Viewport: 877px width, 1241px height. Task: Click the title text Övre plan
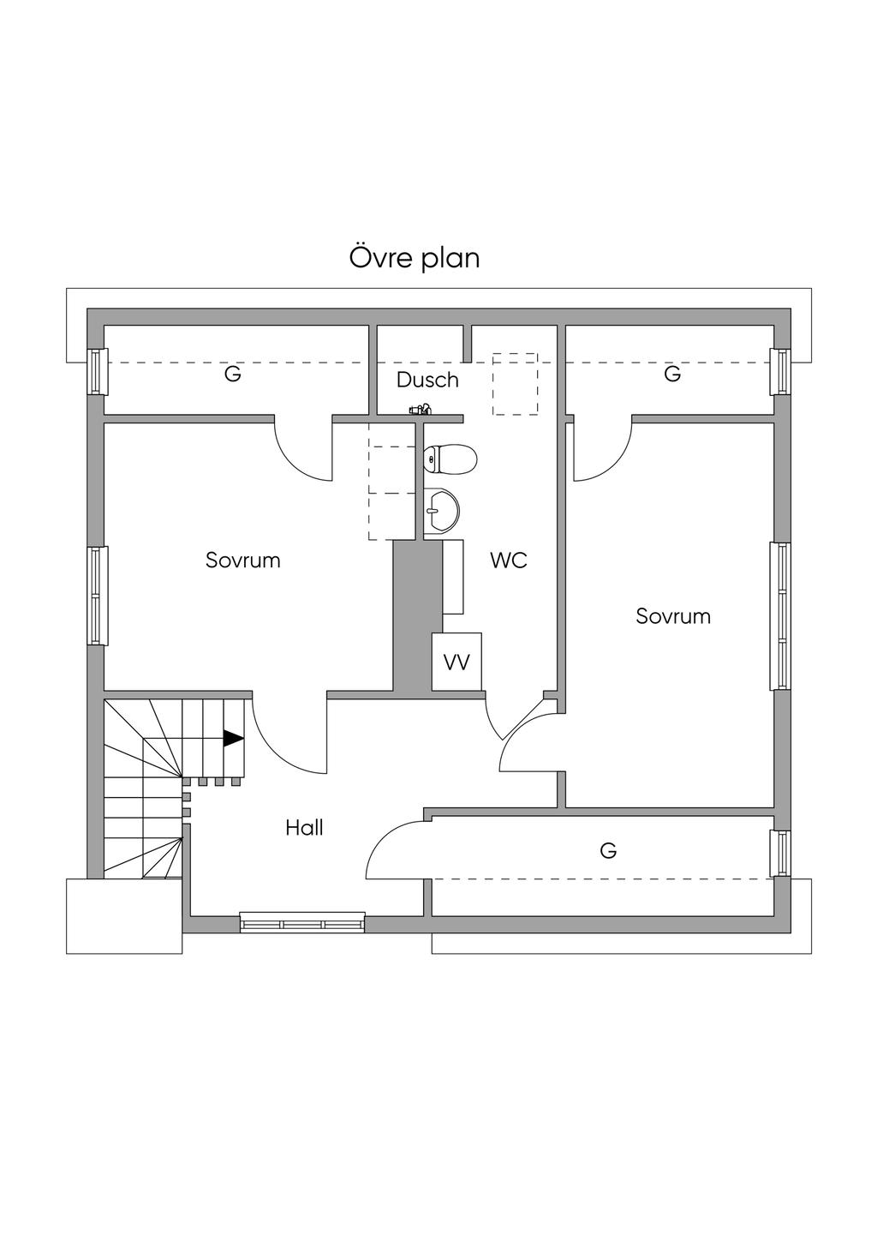coord(415,258)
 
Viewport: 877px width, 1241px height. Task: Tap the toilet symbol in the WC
coord(450,459)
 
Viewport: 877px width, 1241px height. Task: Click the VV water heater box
coord(456,661)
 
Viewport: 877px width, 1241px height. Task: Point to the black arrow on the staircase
coord(234,738)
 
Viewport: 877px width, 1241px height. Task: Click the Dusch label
coord(427,380)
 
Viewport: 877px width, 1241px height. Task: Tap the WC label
coord(508,561)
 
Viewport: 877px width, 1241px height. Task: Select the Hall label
coord(304,828)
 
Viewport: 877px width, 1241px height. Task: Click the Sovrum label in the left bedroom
coord(243,561)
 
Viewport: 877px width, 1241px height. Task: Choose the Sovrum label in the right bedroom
coord(672,616)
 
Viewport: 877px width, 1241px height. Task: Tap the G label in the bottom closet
coord(608,849)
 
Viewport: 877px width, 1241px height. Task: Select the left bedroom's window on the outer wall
coord(98,596)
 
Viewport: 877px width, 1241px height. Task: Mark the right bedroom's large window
coord(779,616)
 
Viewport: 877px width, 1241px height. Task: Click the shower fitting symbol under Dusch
coord(420,410)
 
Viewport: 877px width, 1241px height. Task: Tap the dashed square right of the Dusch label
coord(515,384)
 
